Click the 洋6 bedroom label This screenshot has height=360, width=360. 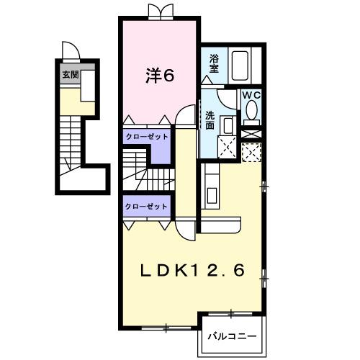160,76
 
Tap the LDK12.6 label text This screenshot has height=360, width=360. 192,271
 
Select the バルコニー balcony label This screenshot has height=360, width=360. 232,336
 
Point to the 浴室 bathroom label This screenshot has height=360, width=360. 214,63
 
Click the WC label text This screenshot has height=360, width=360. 251,95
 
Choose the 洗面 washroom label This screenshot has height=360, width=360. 210,120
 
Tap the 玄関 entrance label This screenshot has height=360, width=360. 71,75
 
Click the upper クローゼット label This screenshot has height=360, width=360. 147,137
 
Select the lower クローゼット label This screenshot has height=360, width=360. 146,207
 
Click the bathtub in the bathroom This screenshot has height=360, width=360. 240,66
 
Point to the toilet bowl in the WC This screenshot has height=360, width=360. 251,110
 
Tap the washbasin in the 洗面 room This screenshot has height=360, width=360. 228,125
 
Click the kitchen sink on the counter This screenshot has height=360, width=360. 212,195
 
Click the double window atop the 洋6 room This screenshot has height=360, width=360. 161,12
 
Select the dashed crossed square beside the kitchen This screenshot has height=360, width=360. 251,152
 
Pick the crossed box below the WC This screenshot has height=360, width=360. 251,134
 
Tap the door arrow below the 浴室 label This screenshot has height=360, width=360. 207,80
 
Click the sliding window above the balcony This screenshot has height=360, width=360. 230,314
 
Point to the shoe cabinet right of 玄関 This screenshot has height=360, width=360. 88,86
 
